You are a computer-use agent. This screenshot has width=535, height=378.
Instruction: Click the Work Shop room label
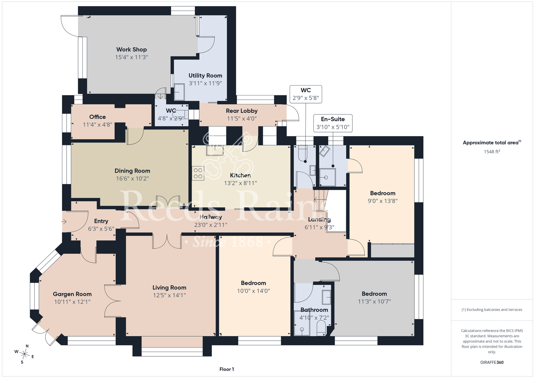132,49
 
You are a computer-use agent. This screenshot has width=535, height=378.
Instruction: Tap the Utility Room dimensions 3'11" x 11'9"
205,83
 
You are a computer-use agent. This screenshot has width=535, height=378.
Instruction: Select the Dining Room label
132,171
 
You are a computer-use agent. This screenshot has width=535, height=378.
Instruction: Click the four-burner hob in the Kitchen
198,173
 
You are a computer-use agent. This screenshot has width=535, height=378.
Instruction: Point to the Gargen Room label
72,294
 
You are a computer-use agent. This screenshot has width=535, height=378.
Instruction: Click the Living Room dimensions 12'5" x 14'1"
169,295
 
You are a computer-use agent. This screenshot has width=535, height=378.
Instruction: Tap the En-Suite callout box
333,123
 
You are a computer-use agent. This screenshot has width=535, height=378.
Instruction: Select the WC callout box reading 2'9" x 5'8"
306,94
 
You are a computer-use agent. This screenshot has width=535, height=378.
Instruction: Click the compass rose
25,354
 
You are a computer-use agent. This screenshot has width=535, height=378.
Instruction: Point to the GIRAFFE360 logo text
492,362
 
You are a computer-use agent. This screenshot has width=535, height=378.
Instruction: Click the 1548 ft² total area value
492,152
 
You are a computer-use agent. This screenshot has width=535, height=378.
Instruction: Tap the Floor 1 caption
227,369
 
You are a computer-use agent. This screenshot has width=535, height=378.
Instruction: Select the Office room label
98,117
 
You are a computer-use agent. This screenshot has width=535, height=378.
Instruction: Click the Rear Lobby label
242,111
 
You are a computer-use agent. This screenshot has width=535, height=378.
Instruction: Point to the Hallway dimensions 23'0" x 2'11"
211,225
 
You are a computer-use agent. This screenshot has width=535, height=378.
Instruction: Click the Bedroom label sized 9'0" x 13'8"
383,193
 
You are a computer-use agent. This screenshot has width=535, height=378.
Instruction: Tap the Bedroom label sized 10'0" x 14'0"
253,283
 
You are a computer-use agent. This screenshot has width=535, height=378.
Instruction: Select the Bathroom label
314,310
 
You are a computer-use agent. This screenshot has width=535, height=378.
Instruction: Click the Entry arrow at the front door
64,222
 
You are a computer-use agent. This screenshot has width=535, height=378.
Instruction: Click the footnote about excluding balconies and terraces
492,310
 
